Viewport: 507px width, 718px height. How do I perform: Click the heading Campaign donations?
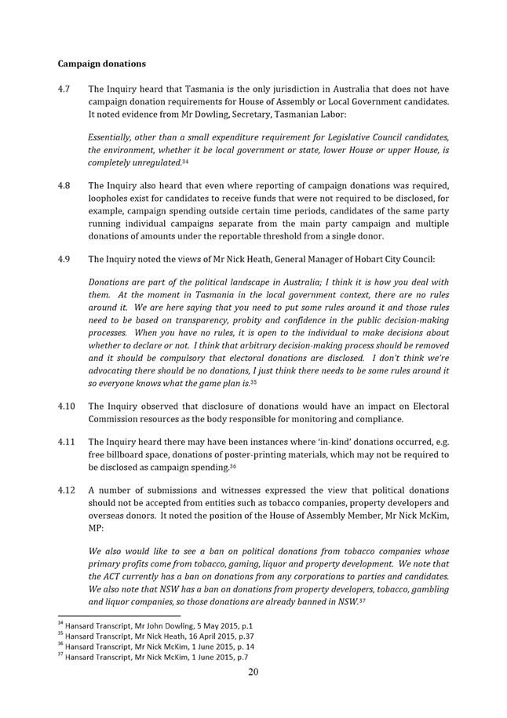pos(101,63)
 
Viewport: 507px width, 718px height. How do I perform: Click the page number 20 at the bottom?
pos(253,672)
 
